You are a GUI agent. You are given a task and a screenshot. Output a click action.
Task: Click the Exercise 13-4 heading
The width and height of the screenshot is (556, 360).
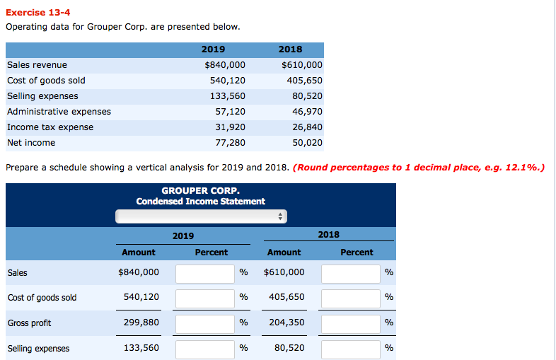[x=38, y=12]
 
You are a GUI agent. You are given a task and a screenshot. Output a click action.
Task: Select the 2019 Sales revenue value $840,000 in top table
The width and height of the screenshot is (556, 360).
[x=224, y=65]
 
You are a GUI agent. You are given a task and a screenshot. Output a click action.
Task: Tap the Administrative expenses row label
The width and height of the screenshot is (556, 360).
[x=59, y=112]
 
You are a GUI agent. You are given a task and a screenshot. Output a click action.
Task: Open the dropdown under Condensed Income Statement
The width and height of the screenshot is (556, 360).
[x=201, y=216]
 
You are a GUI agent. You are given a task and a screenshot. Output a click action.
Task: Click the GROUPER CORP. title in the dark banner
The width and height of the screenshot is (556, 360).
[x=200, y=191]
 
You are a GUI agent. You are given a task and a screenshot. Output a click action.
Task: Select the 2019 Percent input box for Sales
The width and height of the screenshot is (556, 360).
[x=204, y=273]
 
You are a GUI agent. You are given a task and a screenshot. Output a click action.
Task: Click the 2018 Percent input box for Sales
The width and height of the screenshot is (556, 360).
[x=350, y=273]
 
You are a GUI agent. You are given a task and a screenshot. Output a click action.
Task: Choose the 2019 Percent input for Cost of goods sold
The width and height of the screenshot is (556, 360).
[x=204, y=298]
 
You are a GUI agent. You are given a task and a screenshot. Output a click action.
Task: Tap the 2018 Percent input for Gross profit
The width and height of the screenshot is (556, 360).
[x=350, y=323]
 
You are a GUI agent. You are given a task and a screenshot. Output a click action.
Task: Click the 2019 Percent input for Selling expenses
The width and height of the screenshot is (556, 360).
[x=204, y=349]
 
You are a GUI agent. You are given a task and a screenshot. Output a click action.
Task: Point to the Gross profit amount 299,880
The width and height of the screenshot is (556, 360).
[x=141, y=323]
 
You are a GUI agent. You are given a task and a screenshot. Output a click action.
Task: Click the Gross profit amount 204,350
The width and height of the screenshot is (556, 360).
[x=286, y=323]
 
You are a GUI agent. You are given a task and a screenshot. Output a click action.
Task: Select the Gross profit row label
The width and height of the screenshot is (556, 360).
[x=29, y=323]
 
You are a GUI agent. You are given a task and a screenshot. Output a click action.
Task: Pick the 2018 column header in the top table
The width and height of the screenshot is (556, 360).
[x=290, y=50]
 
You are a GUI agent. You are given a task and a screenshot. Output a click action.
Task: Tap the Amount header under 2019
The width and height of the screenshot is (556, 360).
[x=139, y=252]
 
